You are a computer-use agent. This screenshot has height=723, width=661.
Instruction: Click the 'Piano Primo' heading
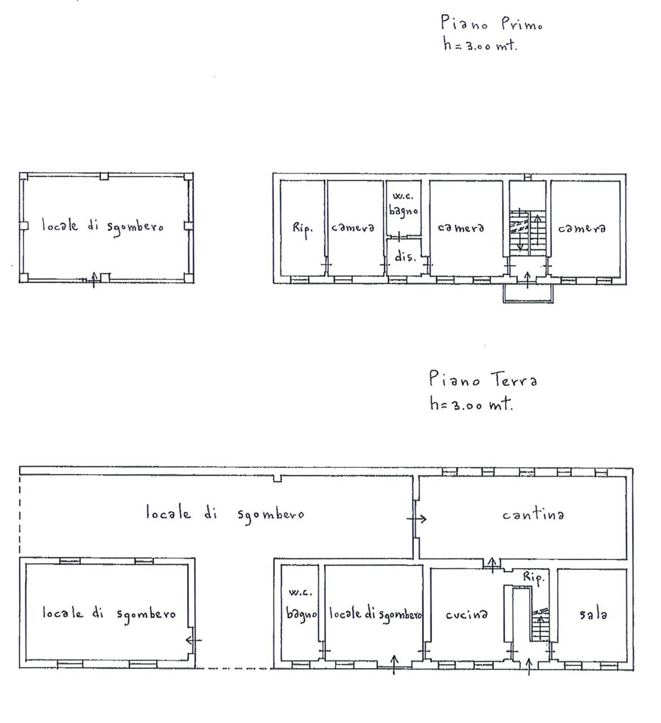pos(492,23)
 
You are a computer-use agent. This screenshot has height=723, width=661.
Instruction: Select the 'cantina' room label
pos(533,514)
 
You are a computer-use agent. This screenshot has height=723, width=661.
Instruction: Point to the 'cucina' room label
pos(466,615)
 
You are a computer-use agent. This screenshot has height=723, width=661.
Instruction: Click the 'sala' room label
pos(593,614)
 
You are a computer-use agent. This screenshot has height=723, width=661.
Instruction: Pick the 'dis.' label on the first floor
pos(405,257)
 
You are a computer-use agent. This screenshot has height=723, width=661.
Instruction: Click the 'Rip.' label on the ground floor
pos(534,578)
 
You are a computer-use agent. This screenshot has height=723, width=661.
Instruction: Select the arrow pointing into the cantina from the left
pos(417,519)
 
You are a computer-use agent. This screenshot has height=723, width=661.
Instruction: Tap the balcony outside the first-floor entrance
pos(528,294)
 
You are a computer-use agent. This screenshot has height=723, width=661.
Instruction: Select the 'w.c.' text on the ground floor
pos(301,593)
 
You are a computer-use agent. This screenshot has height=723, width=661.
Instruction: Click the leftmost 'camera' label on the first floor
pos(353,228)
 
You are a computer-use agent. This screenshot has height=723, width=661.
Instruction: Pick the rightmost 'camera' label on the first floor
pos(582,228)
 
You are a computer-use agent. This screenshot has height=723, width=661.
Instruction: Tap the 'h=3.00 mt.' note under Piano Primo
pos(480,45)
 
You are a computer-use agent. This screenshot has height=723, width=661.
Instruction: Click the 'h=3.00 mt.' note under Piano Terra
pos(471,404)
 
